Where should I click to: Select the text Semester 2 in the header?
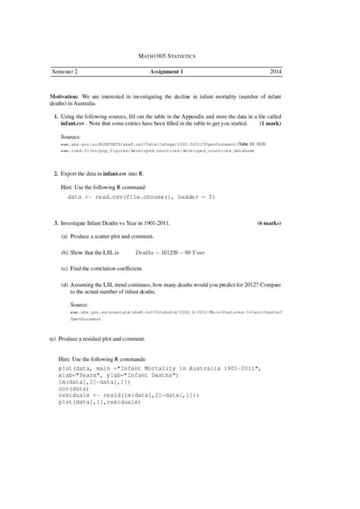(x=65, y=71)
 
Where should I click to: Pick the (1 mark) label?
(x=271, y=122)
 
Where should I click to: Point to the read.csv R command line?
(x=141, y=196)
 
